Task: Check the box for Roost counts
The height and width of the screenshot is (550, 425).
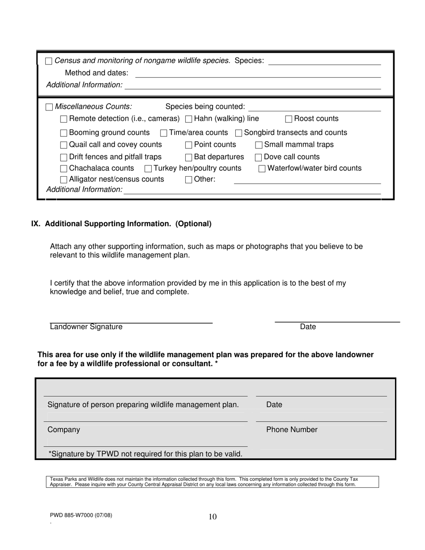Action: coord(289,119)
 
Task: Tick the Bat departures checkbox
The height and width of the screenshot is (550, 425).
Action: coord(189,157)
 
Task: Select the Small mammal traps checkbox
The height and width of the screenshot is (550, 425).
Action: coord(259,145)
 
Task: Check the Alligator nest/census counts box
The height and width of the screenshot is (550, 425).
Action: coord(64,180)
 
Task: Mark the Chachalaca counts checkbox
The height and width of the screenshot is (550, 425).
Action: coord(64,169)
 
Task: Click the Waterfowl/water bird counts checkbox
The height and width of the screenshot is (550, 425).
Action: coord(262,169)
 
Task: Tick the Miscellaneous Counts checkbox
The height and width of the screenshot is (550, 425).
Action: coord(49,107)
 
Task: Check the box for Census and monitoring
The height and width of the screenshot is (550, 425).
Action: coord(49,61)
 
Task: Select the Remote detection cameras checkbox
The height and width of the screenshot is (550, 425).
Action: coord(64,119)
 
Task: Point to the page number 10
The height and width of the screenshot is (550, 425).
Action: coord(212,517)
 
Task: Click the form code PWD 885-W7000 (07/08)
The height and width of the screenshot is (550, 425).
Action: coord(81,515)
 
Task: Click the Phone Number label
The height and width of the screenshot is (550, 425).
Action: coord(292,430)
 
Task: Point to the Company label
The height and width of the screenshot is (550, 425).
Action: coord(64,430)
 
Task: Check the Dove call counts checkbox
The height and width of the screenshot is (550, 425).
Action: coord(258,157)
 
